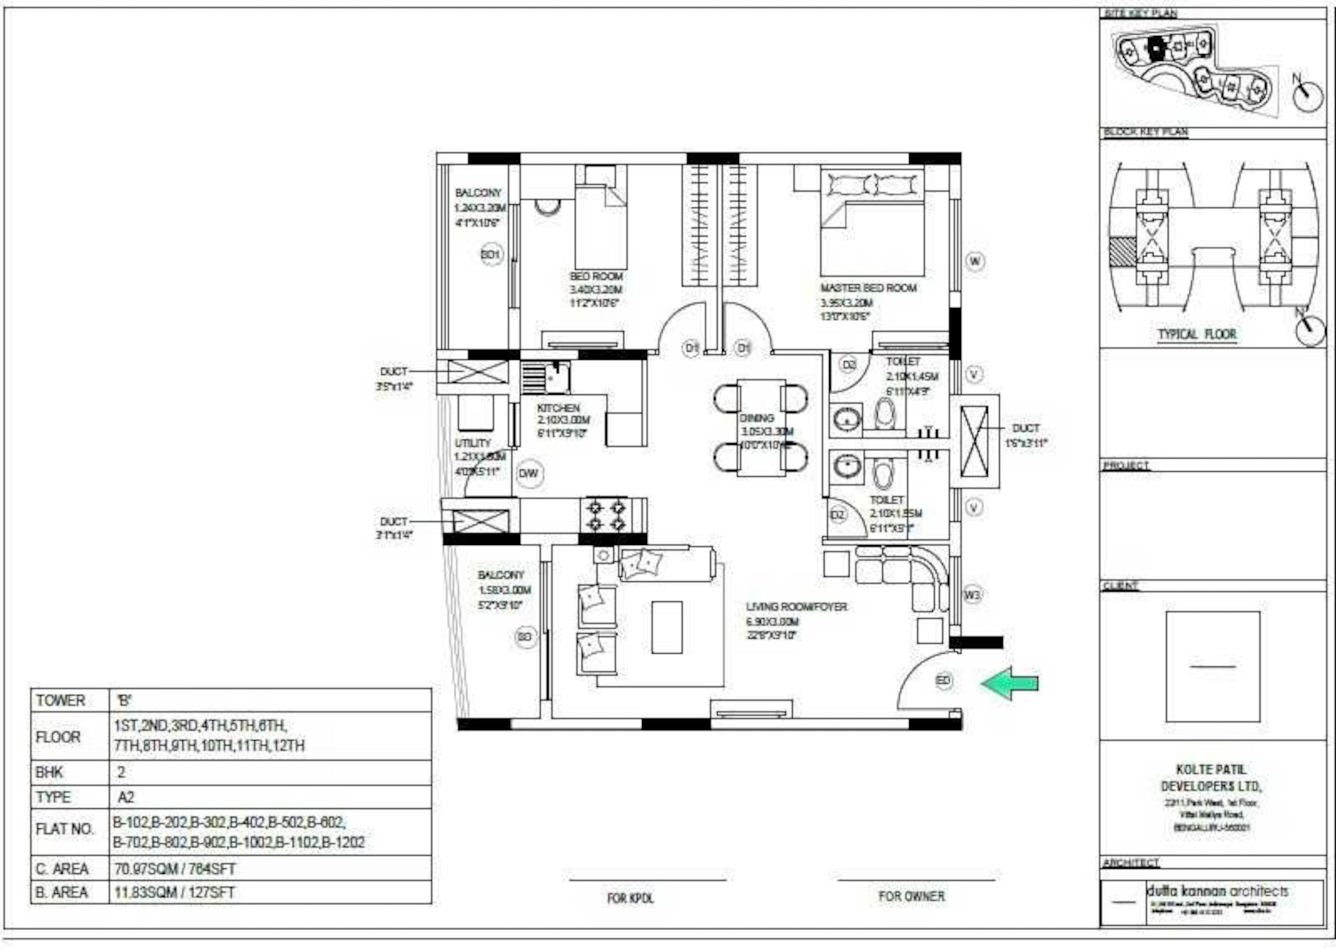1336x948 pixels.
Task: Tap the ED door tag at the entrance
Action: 944,680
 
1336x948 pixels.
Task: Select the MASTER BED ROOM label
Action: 868,288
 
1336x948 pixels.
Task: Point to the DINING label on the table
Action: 757,418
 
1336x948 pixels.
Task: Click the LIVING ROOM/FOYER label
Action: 796,607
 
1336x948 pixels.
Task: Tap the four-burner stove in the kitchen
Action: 606,515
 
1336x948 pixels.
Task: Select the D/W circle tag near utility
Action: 529,474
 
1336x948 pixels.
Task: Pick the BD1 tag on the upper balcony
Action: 491,255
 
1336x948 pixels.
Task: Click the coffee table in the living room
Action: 667,628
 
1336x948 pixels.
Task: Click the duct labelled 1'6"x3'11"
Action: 974,442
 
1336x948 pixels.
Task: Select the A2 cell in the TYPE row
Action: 126,798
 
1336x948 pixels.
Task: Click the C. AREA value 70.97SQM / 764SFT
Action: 175,869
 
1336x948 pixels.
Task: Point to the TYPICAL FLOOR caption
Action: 1197,335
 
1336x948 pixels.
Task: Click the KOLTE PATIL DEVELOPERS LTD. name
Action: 1212,778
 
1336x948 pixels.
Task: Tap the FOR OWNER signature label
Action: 912,896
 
